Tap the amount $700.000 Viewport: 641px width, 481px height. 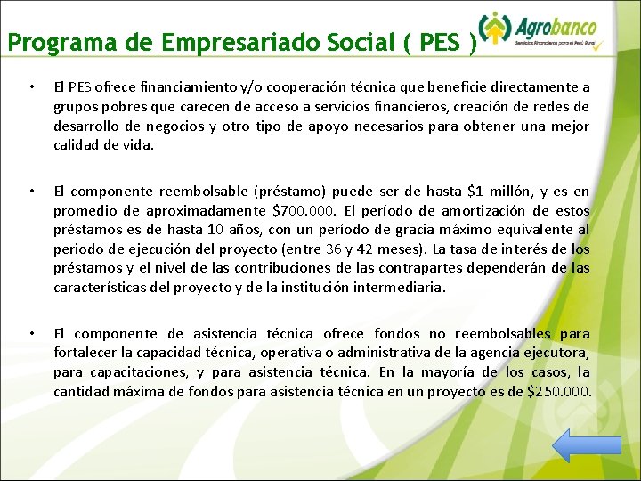click(x=302, y=210)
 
